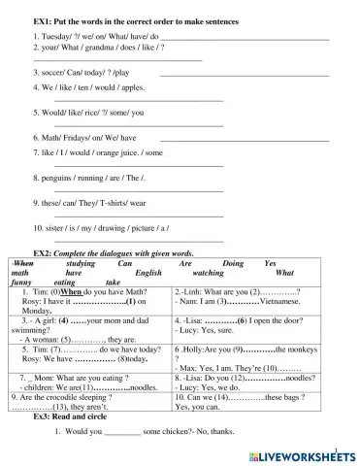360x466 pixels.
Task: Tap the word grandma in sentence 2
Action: (x=95, y=47)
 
